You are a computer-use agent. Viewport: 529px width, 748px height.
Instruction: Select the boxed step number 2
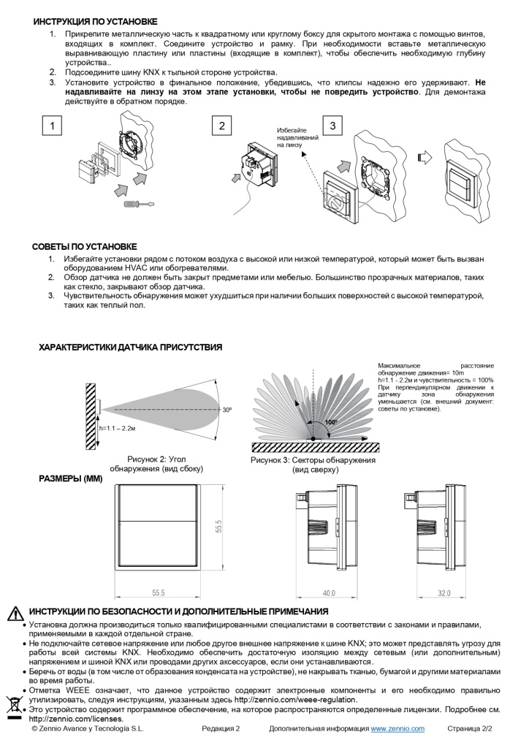[222, 126]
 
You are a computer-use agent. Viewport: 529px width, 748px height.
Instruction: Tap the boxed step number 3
[332, 126]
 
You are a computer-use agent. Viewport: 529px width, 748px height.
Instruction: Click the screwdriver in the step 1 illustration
[138, 205]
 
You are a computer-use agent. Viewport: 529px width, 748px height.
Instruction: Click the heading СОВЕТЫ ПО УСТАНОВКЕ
[85, 247]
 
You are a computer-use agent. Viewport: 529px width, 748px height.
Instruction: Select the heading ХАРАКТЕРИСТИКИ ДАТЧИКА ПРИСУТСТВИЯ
[130, 348]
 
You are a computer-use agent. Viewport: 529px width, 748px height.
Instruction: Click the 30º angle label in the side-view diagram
[227, 411]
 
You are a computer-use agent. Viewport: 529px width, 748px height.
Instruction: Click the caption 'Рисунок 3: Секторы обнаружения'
[313, 461]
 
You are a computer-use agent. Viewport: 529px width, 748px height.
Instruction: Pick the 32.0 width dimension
[444, 592]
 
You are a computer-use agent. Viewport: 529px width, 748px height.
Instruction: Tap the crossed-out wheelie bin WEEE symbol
[14, 705]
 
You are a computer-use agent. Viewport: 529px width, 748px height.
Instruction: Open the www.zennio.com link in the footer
[397, 729]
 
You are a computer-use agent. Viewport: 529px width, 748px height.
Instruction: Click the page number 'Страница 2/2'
[470, 729]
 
